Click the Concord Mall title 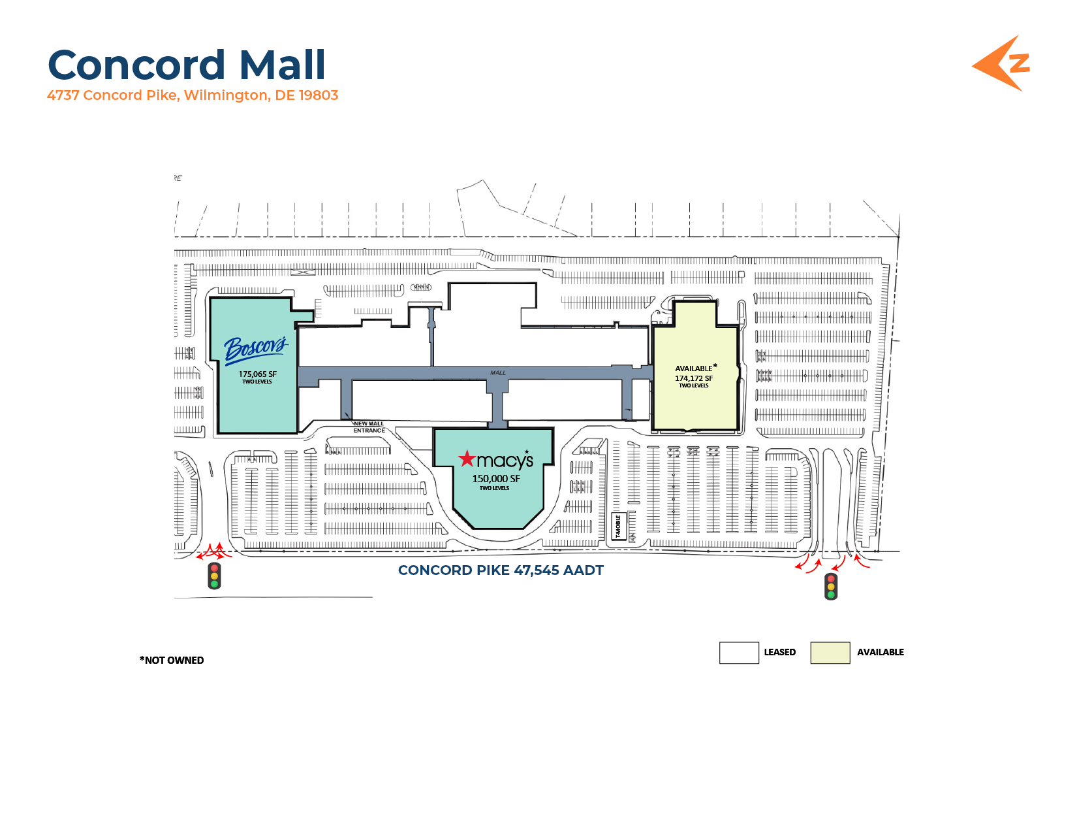[x=187, y=65]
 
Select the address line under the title [x=193, y=95]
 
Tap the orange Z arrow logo [x=1002, y=63]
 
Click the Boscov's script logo [x=255, y=348]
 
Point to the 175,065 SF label [x=257, y=374]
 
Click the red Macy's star [x=467, y=459]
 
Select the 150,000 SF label [x=496, y=479]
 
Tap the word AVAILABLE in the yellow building [x=694, y=368]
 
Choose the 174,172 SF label [x=694, y=378]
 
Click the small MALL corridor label [x=498, y=373]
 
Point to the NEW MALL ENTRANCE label [x=369, y=427]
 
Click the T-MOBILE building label [x=618, y=527]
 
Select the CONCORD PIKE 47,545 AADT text [x=501, y=570]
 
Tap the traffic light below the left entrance [x=214, y=576]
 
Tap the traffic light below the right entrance [x=831, y=586]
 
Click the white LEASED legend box [x=739, y=653]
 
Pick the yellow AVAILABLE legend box [x=830, y=653]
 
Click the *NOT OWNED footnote [x=172, y=661]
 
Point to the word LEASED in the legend [x=780, y=653]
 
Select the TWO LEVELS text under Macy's [x=494, y=488]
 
